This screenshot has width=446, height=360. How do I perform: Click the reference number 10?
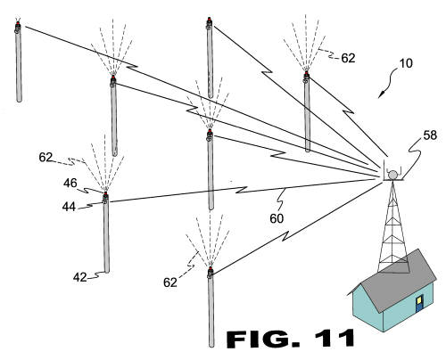coord(406,63)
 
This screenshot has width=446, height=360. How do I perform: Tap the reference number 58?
coord(430,135)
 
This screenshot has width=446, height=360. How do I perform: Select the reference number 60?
coord(277,218)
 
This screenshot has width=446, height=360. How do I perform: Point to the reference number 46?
coord(70,183)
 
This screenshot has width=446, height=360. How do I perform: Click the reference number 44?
coord(69,207)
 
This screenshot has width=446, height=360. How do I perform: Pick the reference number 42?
coord(80,277)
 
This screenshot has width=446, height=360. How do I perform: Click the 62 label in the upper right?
coord(348,58)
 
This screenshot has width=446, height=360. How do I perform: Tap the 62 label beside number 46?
coord(45,157)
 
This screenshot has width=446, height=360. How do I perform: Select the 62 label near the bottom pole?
coord(170,282)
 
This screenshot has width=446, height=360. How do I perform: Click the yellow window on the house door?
coord(419,300)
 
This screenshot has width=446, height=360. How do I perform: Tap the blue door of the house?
coord(419,303)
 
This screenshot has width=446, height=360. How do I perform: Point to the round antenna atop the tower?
coord(392,175)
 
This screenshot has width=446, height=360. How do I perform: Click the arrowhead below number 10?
coord(381,95)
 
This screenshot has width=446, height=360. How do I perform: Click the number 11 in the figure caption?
coord(335,339)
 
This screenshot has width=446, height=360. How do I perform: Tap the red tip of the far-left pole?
coord(18,23)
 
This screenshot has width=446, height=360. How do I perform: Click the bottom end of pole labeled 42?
coord(106,271)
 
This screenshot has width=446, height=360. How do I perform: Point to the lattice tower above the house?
coord(392,225)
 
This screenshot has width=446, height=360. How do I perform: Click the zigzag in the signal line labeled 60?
coord(242,190)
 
